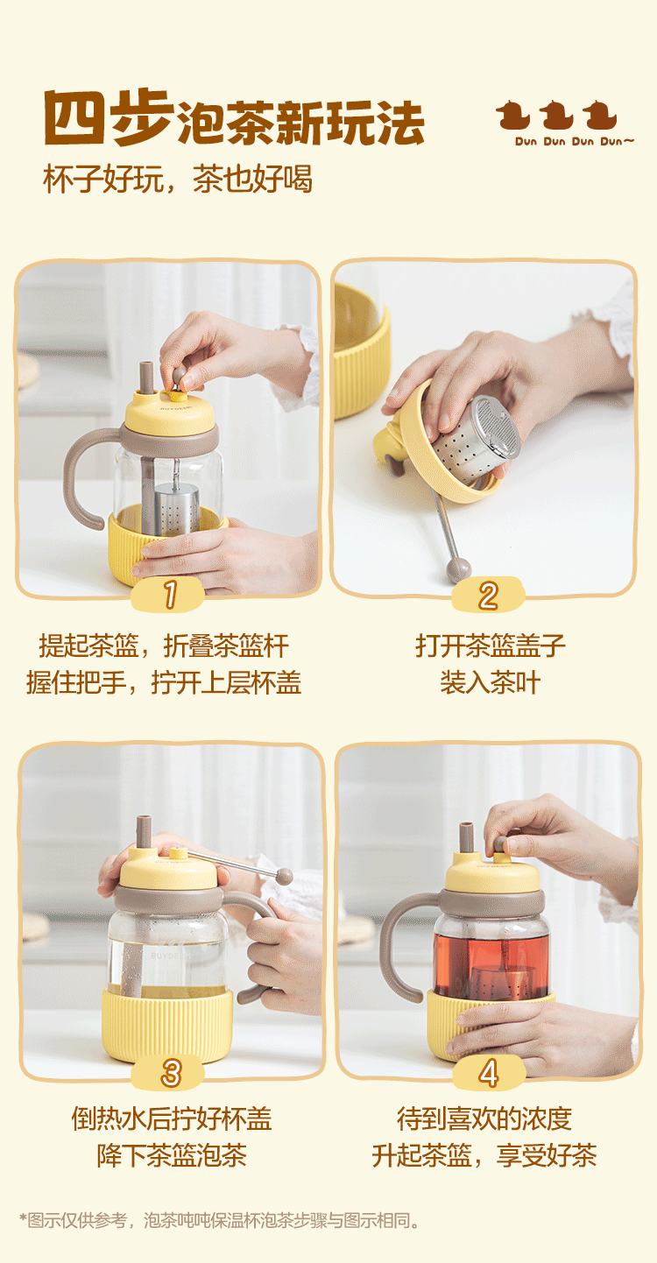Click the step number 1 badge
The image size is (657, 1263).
(168, 595)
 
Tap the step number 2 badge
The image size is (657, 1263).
(489, 595)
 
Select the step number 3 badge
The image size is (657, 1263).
(170, 1072)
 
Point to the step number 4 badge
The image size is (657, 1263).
(489, 1072)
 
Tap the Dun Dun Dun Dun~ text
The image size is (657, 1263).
(574, 141)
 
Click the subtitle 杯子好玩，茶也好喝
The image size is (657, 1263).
(178, 180)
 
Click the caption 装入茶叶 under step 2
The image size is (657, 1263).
(490, 682)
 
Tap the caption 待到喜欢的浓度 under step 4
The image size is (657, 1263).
(484, 1118)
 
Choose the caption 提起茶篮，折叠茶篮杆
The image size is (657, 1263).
(164, 646)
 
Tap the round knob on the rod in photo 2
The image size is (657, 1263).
(458, 570)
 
